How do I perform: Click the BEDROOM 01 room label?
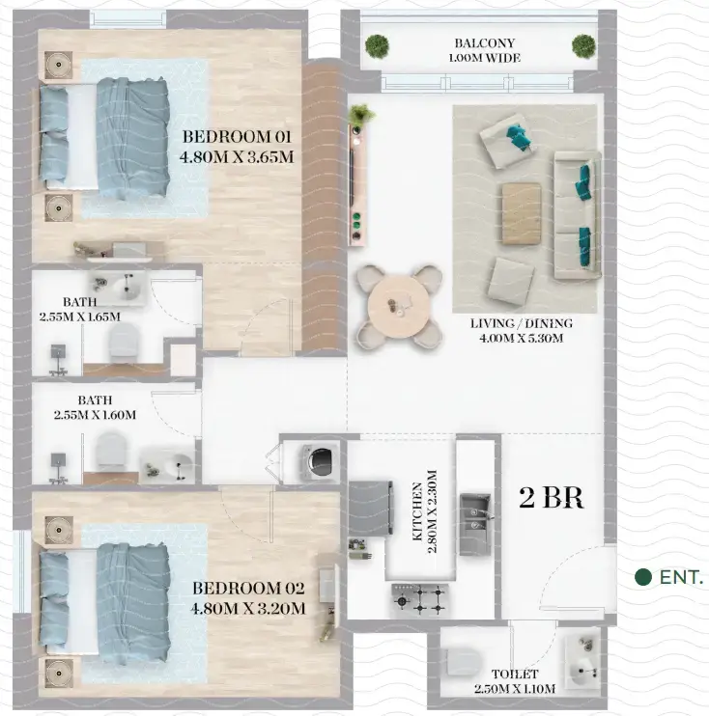point(237,146)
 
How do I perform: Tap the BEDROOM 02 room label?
point(248,597)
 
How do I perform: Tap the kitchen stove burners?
point(419,599)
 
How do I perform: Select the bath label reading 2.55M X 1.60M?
point(95,407)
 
